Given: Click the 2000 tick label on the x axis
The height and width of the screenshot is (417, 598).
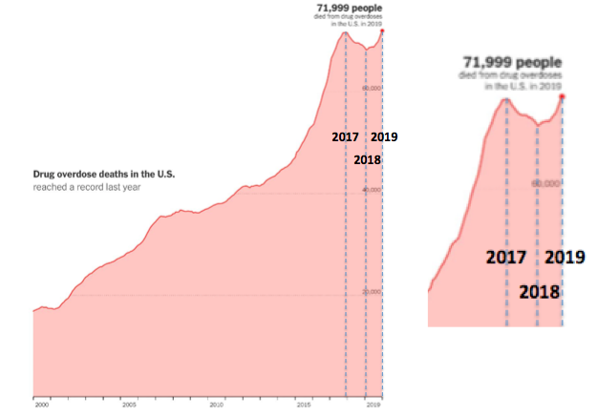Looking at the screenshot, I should tap(39, 405).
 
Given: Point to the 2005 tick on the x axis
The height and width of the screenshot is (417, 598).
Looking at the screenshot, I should tap(128, 405).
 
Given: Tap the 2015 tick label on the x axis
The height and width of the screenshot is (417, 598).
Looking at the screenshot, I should tap(305, 405).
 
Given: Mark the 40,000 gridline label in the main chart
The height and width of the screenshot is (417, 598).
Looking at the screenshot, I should tap(372, 190).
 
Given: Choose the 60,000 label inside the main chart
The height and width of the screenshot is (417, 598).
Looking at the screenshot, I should tap(372, 87).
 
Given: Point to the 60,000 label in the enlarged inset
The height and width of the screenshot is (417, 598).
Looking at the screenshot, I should tap(545, 182).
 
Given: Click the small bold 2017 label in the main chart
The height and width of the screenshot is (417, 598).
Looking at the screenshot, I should tap(345, 137).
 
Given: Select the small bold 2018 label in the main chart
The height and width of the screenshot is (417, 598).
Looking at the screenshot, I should tap(367, 160).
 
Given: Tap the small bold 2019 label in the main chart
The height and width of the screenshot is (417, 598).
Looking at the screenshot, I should tap(384, 137).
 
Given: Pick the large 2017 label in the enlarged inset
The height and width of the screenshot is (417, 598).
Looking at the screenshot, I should tap(507, 258).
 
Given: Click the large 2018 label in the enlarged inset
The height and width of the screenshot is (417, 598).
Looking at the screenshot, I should tap(540, 291).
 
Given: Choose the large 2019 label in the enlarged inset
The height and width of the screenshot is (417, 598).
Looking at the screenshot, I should tap(566, 258).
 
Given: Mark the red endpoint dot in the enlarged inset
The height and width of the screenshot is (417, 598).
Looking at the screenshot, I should tap(562, 96).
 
